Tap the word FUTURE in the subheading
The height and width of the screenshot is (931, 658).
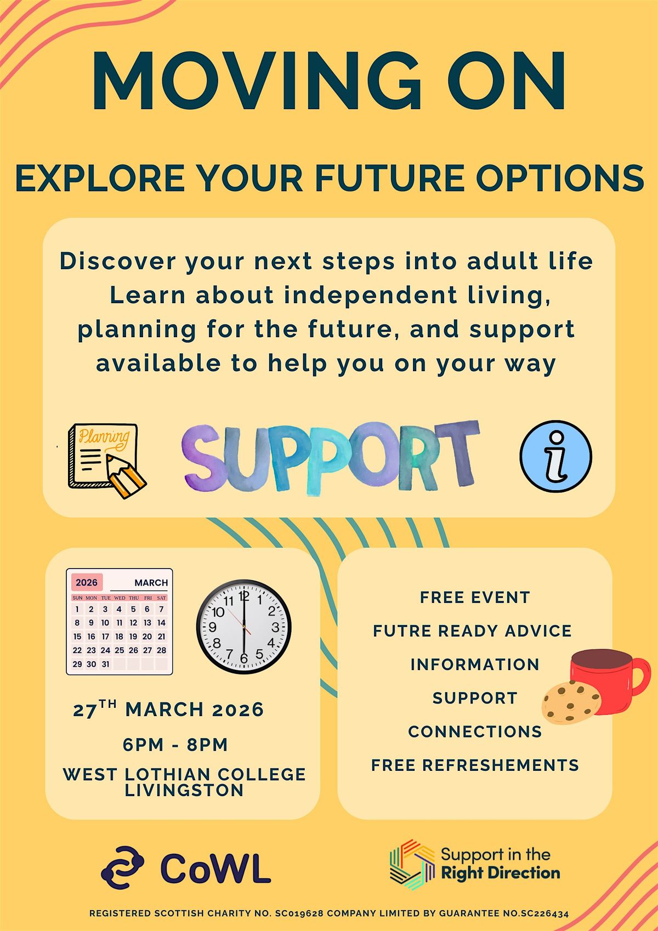(390, 178)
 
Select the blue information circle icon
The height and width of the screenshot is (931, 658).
(556, 456)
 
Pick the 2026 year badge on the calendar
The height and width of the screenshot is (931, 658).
(87, 582)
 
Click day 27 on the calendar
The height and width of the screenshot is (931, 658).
(147, 650)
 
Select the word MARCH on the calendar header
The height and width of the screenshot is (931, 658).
(151, 583)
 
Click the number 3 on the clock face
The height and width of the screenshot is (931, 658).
(275, 627)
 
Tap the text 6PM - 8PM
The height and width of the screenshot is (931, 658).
(175, 745)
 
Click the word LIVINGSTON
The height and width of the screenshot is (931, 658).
(184, 790)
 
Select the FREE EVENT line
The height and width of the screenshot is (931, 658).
(475, 597)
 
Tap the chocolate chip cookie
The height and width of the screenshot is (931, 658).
(571, 702)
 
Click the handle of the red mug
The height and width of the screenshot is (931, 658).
(640, 676)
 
